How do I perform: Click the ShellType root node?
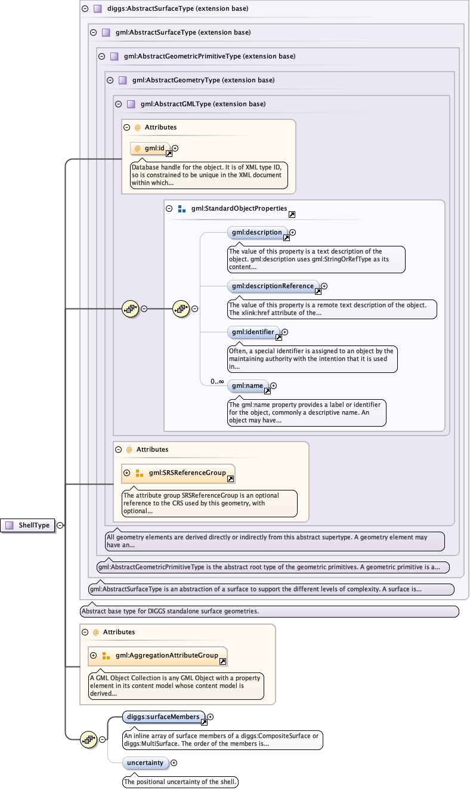tap(28, 525)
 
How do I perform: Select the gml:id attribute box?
tap(150, 149)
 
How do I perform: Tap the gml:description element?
tap(258, 233)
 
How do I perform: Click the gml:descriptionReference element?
tap(273, 286)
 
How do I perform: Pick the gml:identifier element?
tap(253, 332)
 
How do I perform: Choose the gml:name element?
tap(248, 386)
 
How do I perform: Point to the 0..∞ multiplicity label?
tap(217, 381)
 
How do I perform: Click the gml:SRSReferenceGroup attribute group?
tap(178, 473)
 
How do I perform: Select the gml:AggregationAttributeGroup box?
tap(157, 656)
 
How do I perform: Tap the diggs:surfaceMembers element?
tap(163, 717)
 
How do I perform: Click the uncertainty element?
tap(146, 763)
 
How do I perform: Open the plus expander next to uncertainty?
tap(174, 763)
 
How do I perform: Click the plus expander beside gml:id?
tap(175, 148)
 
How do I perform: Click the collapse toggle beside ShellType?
tap(60, 525)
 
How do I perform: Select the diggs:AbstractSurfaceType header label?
tap(178, 8)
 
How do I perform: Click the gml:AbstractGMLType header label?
tap(203, 104)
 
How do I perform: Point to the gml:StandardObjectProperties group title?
tap(239, 208)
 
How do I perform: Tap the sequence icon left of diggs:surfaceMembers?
tap(88, 739)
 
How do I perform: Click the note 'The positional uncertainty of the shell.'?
tap(180, 782)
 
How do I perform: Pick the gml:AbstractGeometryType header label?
tap(203, 80)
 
